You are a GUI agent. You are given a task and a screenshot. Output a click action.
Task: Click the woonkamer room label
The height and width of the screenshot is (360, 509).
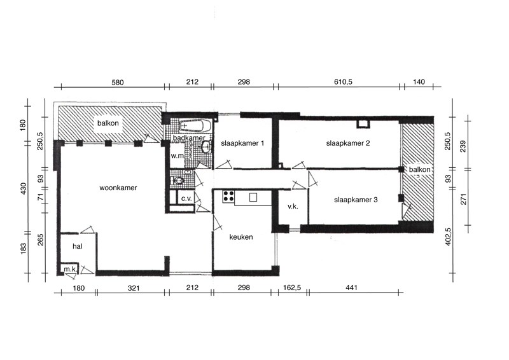(x=118, y=188)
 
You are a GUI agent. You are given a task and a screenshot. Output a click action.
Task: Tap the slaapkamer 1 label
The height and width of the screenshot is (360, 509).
(x=242, y=143)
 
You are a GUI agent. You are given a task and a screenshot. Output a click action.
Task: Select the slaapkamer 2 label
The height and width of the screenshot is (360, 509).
(x=348, y=143)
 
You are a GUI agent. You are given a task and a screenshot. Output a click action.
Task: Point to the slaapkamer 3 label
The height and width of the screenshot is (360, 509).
(x=356, y=200)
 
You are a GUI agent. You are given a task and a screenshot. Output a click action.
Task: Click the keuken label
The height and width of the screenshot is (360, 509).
(x=241, y=237)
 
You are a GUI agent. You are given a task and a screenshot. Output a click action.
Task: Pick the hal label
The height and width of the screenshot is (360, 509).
(x=77, y=246)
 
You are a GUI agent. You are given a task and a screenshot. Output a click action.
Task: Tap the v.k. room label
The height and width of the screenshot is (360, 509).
(x=293, y=206)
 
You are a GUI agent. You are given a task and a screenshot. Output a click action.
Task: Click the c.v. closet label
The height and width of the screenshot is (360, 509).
(x=186, y=198)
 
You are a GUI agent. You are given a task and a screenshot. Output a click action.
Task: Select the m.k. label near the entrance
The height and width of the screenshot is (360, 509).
(x=70, y=269)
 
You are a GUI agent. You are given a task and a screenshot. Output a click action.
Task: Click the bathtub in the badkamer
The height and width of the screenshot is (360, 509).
(x=195, y=126)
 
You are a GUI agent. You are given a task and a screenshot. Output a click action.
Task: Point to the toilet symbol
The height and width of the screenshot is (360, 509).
(x=178, y=180)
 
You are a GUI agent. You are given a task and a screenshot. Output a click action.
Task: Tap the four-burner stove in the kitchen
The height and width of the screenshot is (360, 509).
(x=228, y=197)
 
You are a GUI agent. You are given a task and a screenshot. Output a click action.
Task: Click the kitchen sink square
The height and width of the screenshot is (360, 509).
(x=253, y=197)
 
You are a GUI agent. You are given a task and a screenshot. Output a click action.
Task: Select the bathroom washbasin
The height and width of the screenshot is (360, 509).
(x=206, y=148)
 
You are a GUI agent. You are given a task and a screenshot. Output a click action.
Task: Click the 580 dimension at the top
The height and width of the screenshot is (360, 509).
(x=118, y=83)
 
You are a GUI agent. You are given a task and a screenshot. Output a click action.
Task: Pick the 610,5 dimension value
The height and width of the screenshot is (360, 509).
(x=343, y=82)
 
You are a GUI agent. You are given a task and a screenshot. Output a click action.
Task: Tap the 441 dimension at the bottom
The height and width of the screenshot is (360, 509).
(x=352, y=287)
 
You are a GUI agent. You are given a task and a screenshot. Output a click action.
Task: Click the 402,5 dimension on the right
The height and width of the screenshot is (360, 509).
(x=449, y=237)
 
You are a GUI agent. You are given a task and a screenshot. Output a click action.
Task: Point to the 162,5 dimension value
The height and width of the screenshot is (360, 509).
(x=292, y=287)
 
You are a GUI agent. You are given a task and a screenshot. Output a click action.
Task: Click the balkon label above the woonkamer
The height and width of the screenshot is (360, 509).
(x=108, y=123)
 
